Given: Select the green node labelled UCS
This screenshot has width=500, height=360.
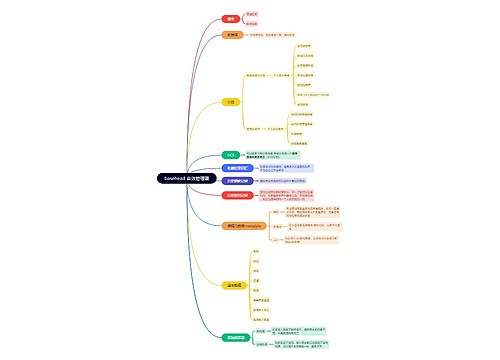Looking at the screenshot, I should point(231,154).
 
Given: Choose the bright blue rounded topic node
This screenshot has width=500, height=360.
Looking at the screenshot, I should point(233,168).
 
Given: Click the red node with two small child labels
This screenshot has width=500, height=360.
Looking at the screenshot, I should point(231,18).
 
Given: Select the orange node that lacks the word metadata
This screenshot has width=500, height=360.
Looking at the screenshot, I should point(232,34).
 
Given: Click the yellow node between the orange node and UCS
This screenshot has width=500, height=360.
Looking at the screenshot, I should point(231,101).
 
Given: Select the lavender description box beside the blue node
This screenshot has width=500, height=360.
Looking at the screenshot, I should point(289,168).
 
